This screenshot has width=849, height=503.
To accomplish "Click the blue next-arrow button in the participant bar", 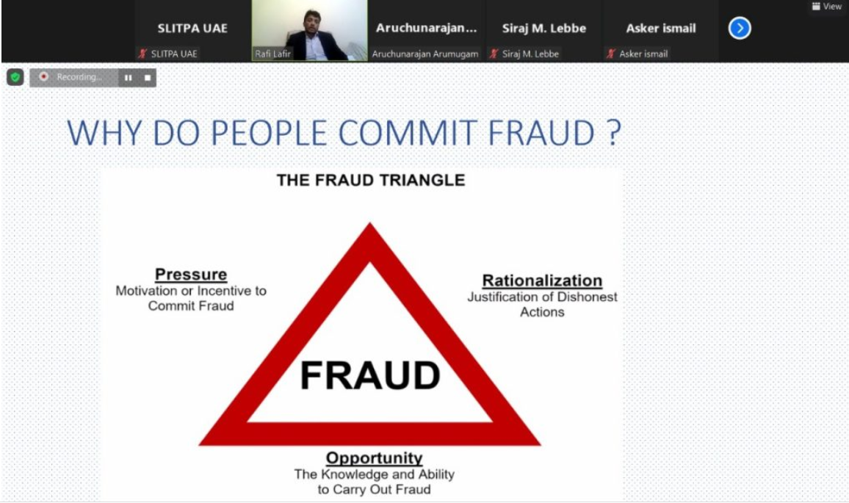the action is pos(739,28).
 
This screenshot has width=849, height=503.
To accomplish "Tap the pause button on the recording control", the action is pos(129,77).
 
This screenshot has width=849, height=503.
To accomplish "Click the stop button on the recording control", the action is pos(148,77).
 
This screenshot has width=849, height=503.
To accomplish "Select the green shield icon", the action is pos(15,77).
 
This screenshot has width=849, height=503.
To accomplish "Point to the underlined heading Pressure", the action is pos(191,275).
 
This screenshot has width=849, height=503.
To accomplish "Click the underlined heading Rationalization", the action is pos(542,281).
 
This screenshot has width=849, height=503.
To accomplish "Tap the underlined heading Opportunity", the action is pos(374,458).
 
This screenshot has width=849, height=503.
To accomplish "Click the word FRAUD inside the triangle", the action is pos(370,376).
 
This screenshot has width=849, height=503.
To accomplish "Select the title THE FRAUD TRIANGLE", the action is pos(371,181).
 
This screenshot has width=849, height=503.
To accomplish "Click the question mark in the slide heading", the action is pos(613,133).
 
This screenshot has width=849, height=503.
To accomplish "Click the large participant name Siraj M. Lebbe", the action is pos(544,28).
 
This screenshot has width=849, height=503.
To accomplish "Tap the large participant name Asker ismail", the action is pos(661,28).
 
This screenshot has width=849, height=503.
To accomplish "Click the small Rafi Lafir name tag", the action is pos(273,54).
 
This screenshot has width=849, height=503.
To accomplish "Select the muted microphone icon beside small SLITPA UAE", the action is pos(142,54).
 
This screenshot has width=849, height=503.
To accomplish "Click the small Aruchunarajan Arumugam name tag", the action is pos(425,54).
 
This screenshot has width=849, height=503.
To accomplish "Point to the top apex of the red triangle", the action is pos(370,222).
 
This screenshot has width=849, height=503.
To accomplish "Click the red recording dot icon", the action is pos(44,77).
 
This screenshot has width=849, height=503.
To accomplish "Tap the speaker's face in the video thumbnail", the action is pos(311,21).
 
